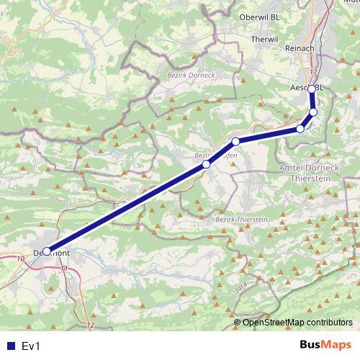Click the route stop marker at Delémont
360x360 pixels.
click(x=47, y=252)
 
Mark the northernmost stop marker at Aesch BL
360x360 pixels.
click(x=312, y=89)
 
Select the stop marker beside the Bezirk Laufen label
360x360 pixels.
click(x=206, y=165)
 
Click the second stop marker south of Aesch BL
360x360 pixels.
click(x=300, y=129)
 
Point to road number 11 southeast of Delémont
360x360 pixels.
click(x=64, y=269)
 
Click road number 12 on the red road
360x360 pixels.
click(x=90, y=325)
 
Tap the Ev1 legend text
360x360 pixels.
click(x=31, y=346)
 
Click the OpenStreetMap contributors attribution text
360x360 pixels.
click(x=297, y=322)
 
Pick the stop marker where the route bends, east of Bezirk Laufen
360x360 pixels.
click(x=235, y=141)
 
